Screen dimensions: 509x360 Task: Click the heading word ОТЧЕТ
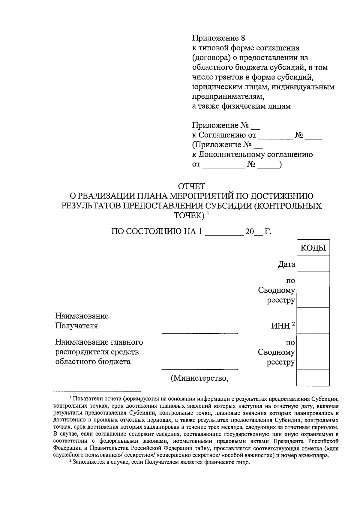click(x=191, y=186)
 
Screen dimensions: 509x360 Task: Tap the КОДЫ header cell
click(x=313, y=248)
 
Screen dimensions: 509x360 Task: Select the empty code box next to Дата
click(x=313, y=264)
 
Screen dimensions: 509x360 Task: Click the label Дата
click(x=286, y=265)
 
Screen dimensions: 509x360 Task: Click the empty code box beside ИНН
click(x=313, y=321)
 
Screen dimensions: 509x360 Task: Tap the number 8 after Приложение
click(x=243, y=38)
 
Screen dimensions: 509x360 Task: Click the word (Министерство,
click(x=200, y=379)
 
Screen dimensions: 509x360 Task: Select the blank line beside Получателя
click(x=200, y=332)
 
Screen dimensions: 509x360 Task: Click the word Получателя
click(x=76, y=326)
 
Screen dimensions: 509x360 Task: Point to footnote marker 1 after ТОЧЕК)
click(x=208, y=214)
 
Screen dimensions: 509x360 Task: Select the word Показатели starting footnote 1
click(x=87, y=399)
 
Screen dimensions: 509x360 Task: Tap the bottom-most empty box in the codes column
click(x=313, y=378)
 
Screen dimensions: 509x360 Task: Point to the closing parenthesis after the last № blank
click(x=280, y=164)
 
